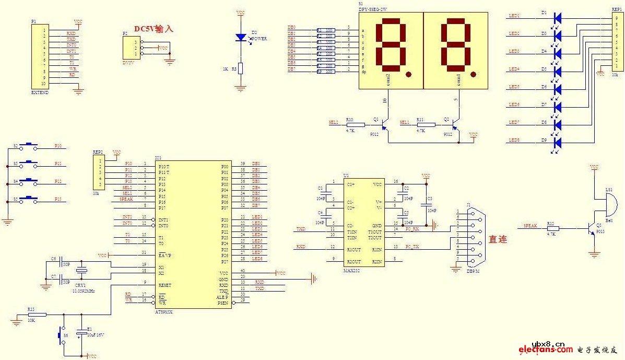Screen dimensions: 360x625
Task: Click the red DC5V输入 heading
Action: tap(154, 29)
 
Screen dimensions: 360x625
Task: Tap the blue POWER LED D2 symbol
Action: tap(241, 37)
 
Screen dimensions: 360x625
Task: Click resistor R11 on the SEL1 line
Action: tap(426, 125)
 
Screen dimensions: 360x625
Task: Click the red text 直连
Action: tap(498, 240)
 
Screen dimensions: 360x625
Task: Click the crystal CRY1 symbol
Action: tap(81, 271)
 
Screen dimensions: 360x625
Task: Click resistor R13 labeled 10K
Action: tap(37, 315)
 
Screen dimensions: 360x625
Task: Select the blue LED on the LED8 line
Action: tap(557, 142)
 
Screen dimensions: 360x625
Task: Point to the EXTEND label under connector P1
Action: tap(40, 92)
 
